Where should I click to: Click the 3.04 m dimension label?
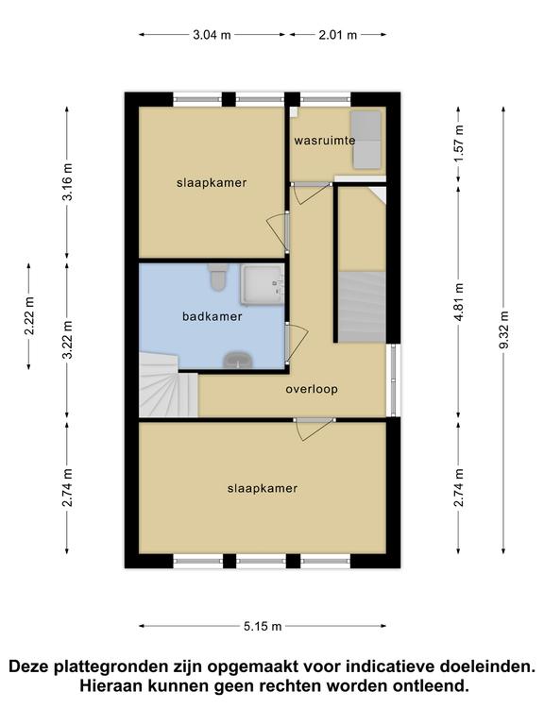212,35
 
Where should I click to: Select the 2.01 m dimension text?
338,35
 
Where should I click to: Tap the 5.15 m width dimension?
263,627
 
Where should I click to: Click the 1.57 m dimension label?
459,143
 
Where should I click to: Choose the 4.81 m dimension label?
459,302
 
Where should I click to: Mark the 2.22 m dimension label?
29,316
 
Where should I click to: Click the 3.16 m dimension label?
68,182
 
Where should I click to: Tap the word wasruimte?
325,140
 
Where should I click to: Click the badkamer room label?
212,317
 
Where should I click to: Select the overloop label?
312,389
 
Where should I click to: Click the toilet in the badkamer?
217,277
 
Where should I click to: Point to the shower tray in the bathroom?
262,284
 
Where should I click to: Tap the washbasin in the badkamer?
237,361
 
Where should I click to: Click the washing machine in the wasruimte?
366,140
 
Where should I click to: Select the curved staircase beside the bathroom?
168,385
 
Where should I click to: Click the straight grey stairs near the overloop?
362,307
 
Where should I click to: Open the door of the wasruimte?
312,193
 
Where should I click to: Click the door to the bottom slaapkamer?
315,430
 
